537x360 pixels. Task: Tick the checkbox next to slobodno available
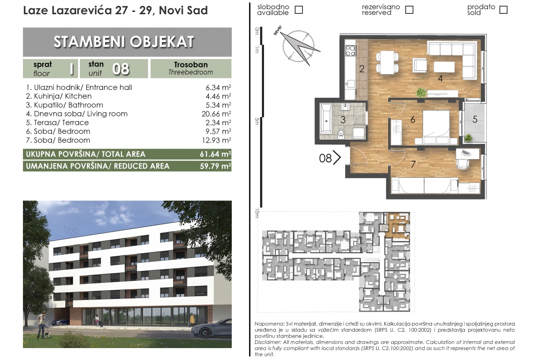click(299, 10)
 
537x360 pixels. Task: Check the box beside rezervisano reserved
click(409, 10)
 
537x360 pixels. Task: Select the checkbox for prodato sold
click(503, 10)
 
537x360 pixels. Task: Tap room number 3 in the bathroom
click(343, 120)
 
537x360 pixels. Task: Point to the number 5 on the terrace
click(475, 119)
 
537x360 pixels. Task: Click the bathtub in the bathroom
click(326, 118)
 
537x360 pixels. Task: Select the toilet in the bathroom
click(341, 133)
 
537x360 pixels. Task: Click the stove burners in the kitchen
click(350, 50)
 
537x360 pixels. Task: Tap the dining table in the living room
click(387, 62)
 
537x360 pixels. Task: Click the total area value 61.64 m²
click(215, 154)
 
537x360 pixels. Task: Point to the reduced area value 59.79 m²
click(215, 166)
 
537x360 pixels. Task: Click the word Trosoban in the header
click(191, 65)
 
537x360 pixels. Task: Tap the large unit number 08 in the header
click(121, 69)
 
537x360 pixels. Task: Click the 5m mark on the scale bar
click(257, 121)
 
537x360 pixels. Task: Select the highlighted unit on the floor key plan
click(397, 225)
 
